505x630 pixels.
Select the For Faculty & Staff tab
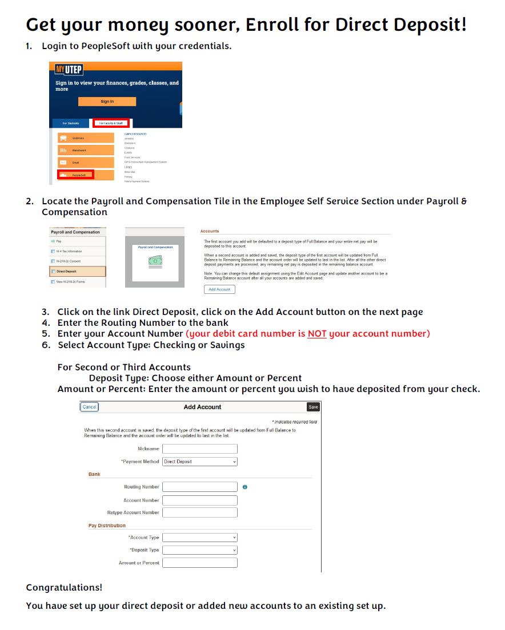pos(111,123)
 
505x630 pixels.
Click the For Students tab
pos(70,123)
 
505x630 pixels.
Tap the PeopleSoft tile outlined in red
pos(75,175)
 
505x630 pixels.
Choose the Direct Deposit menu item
pos(78,272)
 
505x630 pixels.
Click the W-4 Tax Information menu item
pos(78,251)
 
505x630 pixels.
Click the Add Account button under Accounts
pos(219,289)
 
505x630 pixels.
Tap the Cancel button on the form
pos(89,407)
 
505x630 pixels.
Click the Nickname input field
pos(199,449)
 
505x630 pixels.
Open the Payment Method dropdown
pos(199,462)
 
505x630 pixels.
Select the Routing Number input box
pos(199,487)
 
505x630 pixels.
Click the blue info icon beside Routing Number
pos(245,487)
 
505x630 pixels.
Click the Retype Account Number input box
pos(199,512)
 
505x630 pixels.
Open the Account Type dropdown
pos(199,538)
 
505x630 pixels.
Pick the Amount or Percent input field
pos(199,563)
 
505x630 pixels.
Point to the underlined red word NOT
pos(317,334)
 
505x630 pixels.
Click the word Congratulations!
pos(64,587)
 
